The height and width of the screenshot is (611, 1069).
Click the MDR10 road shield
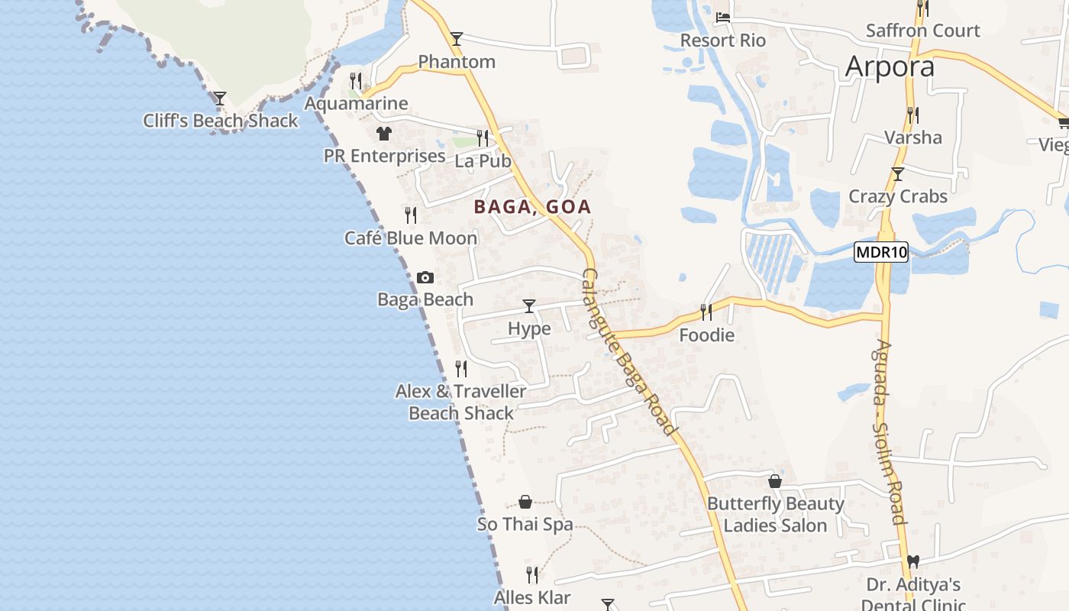[880, 252]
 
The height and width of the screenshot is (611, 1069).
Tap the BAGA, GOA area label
[532, 206]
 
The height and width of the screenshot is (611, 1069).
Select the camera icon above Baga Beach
[425, 277]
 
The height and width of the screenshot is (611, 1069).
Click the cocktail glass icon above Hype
[528, 306]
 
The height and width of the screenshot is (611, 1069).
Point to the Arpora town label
[890, 67]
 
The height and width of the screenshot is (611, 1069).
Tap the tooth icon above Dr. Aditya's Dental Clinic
[912, 562]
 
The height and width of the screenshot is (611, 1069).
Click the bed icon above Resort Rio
[723, 17]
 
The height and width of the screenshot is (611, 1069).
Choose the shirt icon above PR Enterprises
[383, 134]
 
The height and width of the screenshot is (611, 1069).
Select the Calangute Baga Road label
[629, 352]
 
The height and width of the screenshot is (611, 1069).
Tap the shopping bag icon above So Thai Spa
[525, 502]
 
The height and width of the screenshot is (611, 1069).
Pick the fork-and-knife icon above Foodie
[706, 312]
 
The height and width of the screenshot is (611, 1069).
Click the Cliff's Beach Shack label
[221, 121]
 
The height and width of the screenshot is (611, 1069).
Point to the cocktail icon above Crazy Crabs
[898, 173]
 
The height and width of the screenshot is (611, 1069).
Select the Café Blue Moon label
[411, 238]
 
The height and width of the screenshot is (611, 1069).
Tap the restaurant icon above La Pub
[483, 137]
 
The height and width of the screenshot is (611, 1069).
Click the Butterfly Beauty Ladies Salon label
[775, 515]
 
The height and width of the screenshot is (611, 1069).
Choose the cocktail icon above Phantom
[457, 38]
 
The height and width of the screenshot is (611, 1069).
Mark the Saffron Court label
[922, 31]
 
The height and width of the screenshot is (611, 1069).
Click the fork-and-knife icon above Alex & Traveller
[461, 369]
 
